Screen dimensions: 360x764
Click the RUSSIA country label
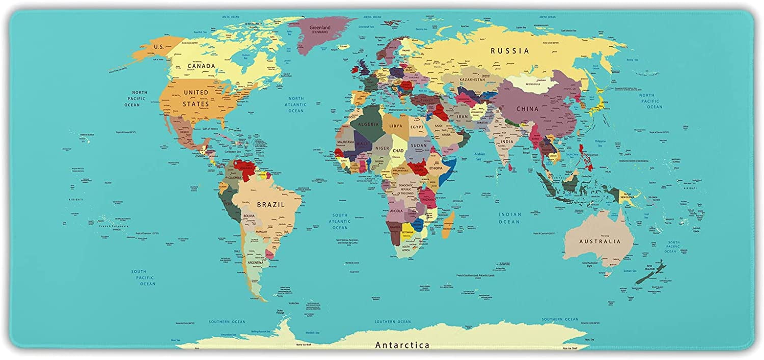(x=509, y=51)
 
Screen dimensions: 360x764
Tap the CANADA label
(x=201, y=66)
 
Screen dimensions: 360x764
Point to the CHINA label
(x=527, y=109)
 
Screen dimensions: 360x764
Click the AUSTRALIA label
(x=598, y=241)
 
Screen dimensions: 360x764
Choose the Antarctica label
(x=402, y=345)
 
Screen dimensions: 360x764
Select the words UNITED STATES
(x=196, y=98)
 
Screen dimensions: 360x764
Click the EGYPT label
(x=417, y=126)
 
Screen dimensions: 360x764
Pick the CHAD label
(x=398, y=151)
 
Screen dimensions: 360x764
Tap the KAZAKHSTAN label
(x=472, y=80)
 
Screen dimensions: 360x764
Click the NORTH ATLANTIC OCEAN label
(x=296, y=104)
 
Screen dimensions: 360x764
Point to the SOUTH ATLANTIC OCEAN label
(x=340, y=221)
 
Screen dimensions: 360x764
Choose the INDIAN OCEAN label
(x=509, y=218)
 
